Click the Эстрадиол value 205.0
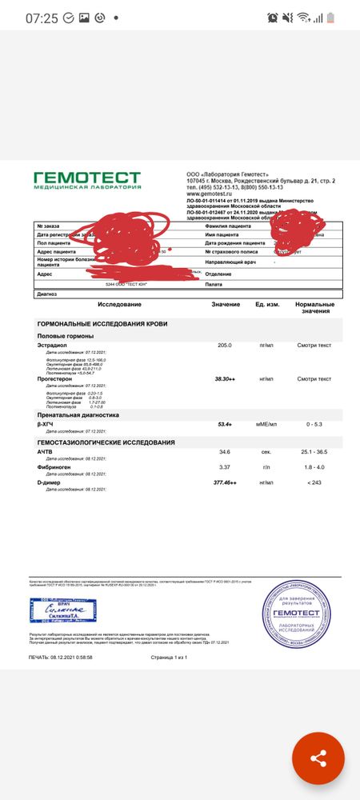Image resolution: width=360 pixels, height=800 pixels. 224,345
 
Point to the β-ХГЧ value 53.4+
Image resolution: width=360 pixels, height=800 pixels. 225,424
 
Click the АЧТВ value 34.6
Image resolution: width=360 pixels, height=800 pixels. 225,452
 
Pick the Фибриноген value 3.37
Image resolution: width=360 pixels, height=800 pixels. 225,466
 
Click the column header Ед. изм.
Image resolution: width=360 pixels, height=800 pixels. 266,305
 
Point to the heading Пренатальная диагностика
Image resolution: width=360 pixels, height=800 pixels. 78,415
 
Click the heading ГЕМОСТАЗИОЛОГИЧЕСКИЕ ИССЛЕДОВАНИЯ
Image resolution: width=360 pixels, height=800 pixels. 106,442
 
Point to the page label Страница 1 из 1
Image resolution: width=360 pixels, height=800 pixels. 169,658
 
